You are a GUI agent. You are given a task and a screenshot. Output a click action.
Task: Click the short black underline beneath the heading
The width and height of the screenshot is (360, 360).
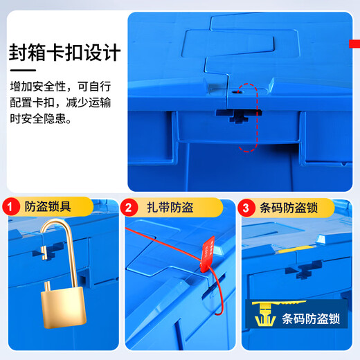coord(32,70)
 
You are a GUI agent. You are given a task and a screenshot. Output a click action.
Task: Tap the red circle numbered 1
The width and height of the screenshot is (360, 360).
coord(11,207)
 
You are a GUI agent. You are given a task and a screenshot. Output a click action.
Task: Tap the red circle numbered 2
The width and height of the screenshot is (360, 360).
coord(128,207)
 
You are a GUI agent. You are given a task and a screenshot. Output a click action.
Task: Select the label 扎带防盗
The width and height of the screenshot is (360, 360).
coord(170,207)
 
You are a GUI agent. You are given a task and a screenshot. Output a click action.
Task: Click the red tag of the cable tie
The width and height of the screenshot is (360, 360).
coord(207,253)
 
